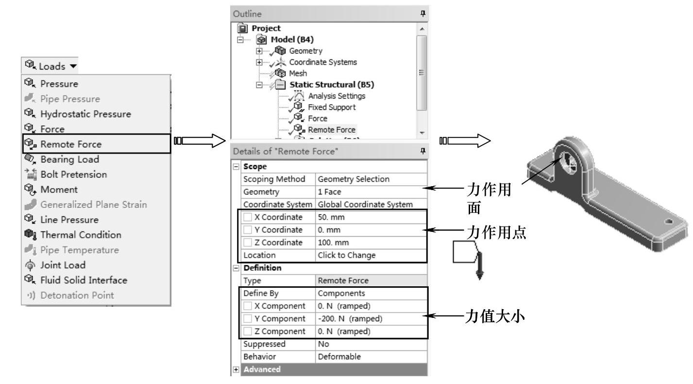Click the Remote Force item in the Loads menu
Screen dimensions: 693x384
[x=71, y=144]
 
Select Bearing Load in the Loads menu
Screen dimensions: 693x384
[x=69, y=159]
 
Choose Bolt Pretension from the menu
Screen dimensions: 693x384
[x=74, y=175]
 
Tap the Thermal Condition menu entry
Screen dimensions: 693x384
[x=81, y=235]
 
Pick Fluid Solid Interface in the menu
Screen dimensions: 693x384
[x=84, y=280]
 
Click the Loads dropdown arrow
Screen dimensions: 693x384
[x=73, y=66]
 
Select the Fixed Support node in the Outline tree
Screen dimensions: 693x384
[x=332, y=107]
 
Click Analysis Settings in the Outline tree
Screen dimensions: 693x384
[x=337, y=96]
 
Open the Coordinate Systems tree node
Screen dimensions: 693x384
[x=322, y=62]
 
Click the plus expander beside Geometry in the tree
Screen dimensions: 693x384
[x=259, y=51]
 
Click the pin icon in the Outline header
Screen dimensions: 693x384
[x=423, y=13]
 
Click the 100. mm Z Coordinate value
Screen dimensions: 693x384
[x=333, y=243]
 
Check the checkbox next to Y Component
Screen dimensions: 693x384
[x=248, y=318]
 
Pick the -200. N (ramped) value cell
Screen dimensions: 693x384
[x=350, y=318]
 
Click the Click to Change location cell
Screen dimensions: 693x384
[x=347, y=255]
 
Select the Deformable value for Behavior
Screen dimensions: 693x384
[x=339, y=356]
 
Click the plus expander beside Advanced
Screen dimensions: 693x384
[x=236, y=369]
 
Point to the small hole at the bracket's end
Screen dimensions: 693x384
[x=669, y=221]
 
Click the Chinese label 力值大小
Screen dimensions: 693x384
[x=494, y=316]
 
